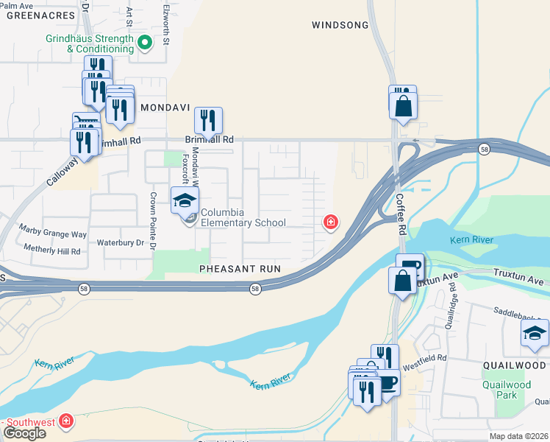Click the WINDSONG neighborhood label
tap(339, 25)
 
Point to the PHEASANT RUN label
tap(240, 269)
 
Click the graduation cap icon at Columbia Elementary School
tap(185, 200)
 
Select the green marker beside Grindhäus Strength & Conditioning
tap(146, 43)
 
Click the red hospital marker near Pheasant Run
tap(331, 221)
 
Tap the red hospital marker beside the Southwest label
tap(66, 421)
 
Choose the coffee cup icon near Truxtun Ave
tap(409, 267)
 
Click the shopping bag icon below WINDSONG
tap(404, 106)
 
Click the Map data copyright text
tap(519, 436)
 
